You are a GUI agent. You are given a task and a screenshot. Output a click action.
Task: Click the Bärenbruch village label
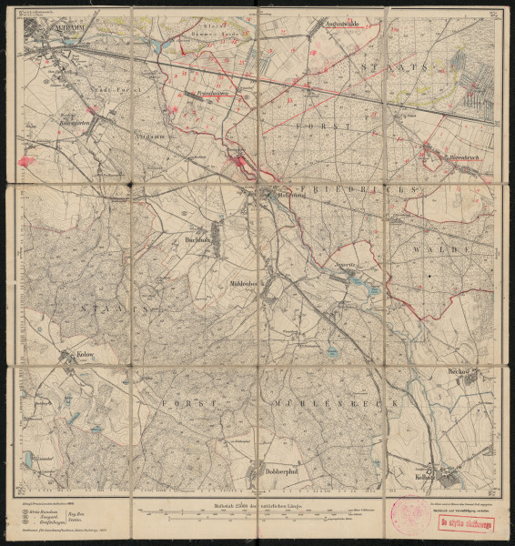point(443,158)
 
